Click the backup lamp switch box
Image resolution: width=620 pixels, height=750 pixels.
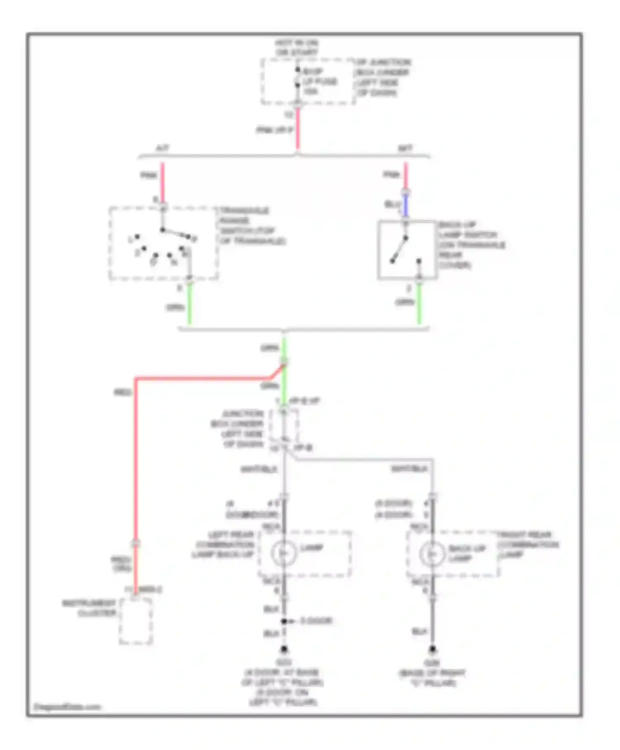coord(407,250)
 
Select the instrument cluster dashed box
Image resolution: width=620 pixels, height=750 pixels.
coord(136,621)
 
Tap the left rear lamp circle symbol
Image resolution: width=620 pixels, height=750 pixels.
coord(284,553)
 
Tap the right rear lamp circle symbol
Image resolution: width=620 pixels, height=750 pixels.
coord(432,553)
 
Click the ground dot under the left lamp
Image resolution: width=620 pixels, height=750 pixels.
coord(284,650)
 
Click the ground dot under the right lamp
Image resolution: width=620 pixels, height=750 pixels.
coord(432,649)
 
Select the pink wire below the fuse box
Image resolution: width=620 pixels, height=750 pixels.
coord(297,129)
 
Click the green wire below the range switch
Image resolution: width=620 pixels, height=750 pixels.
coord(189,306)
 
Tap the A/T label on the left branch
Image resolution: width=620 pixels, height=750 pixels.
coord(162,148)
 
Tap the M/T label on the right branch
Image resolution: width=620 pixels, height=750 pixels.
coord(405,148)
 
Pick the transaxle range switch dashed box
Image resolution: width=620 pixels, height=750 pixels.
coord(164,243)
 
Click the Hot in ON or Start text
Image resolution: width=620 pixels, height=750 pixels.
coord(297,48)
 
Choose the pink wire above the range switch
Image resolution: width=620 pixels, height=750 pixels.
coord(162,182)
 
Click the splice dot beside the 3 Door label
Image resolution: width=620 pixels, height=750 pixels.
coord(284,621)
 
